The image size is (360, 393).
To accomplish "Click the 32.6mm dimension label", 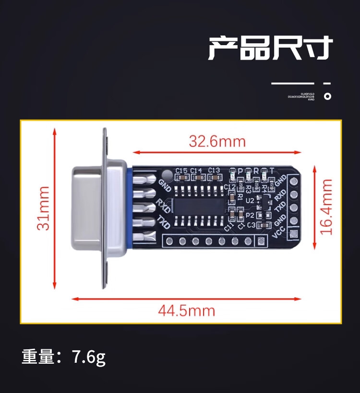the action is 217,142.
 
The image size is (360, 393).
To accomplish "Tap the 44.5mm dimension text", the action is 187,311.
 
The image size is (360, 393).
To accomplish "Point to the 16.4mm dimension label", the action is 327,207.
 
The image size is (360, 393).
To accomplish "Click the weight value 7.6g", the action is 89,357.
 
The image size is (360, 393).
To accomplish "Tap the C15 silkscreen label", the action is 181,171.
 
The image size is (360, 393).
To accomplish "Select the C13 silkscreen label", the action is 214,171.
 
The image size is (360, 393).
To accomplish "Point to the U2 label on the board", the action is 250,200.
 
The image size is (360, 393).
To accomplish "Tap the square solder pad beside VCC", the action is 294,234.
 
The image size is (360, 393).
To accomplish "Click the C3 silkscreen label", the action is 251,225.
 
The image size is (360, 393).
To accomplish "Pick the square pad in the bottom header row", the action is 261,241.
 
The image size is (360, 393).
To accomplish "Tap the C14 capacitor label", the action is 196,171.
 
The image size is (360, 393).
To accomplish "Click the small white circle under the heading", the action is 327,96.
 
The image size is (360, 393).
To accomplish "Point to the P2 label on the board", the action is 250,216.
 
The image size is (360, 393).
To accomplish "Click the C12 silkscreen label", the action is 230,186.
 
